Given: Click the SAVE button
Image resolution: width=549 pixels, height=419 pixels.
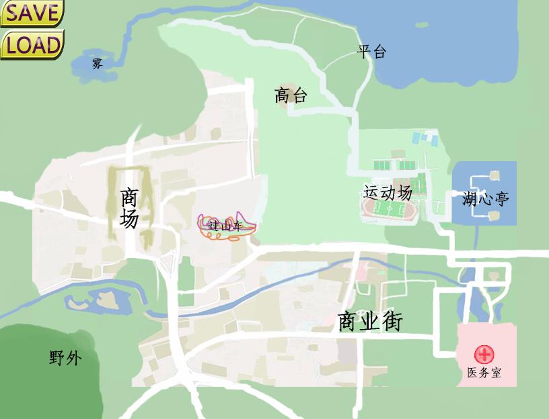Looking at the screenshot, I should [x=32, y=13].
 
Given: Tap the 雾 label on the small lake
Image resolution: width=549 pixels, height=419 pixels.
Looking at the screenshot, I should [x=98, y=64].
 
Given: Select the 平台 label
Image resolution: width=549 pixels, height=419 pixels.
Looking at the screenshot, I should [x=371, y=52].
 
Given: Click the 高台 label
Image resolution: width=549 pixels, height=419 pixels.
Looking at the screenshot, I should [x=291, y=95].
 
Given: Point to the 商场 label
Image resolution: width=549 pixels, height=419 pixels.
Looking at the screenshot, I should [x=129, y=208].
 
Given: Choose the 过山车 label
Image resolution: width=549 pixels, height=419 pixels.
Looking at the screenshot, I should [x=225, y=226].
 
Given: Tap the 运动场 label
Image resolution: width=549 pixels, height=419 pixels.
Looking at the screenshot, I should [x=388, y=193].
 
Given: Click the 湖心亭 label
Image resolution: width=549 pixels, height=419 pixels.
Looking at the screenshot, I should [x=485, y=199].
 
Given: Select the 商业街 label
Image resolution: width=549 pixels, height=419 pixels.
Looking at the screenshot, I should [x=370, y=322].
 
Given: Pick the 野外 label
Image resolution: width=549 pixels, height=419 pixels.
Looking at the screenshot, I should [x=65, y=358].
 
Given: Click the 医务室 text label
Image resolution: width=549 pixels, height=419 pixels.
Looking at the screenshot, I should [x=484, y=373].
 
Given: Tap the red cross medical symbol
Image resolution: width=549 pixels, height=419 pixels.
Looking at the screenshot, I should [x=484, y=355].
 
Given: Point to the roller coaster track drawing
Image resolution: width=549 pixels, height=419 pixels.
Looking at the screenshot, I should [x=227, y=226].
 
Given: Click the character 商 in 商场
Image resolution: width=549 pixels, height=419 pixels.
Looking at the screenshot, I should [x=129, y=197].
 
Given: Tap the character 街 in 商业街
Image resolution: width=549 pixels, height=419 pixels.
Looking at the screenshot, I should [x=391, y=322].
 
